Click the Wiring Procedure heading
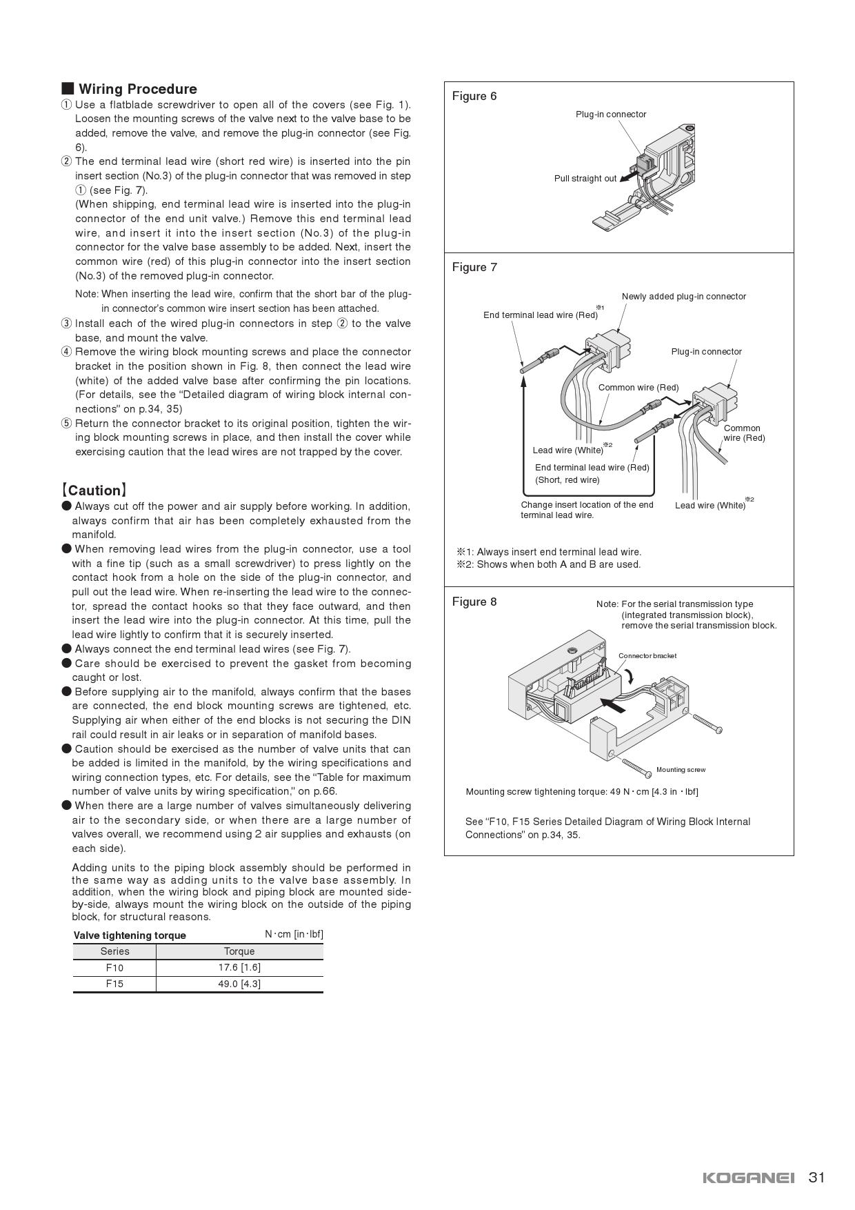137,89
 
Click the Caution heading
94,490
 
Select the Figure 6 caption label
474,96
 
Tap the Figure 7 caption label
474,267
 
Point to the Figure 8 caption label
474,602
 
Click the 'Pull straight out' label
585,179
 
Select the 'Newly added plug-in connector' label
683,297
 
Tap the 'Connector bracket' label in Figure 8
647,656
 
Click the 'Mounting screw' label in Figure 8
681,770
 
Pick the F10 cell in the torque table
114,968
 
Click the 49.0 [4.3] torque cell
239,984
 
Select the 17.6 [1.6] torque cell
239,968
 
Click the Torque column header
239,951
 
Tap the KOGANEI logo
749,1178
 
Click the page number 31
816,1177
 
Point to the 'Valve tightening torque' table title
130,935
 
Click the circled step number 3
66,324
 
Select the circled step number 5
66,424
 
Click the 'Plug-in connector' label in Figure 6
611,115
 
